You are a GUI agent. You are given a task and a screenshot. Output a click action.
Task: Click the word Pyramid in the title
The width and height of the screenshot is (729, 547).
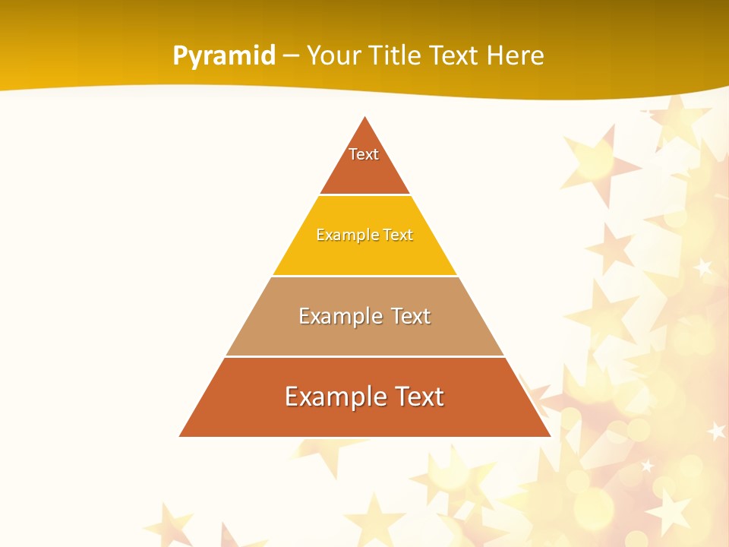pyautogui.click(x=224, y=56)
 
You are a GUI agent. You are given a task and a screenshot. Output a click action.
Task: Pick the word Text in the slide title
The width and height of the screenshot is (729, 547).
pyautogui.click(x=456, y=55)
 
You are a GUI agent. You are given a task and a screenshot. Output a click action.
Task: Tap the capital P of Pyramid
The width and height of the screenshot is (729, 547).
pyautogui.click(x=180, y=55)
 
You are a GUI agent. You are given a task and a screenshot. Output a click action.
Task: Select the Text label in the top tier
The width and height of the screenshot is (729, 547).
pyautogui.click(x=364, y=154)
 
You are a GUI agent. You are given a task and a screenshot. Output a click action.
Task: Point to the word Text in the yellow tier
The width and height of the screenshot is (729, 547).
pyautogui.click(x=398, y=235)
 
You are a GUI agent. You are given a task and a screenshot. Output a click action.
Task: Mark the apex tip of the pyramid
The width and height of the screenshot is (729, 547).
pyautogui.click(x=365, y=118)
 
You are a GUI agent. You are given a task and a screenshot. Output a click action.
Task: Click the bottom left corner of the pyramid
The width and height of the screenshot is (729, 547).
pyautogui.click(x=181, y=436)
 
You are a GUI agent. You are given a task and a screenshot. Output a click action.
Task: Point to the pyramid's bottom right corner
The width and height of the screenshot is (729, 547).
pyautogui.click(x=549, y=436)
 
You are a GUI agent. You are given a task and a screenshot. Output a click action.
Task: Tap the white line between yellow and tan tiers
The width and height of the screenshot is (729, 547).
pyautogui.click(x=364, y=276)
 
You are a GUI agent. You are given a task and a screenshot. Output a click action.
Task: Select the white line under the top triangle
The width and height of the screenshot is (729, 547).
pyautogui.click(x=364, y=195)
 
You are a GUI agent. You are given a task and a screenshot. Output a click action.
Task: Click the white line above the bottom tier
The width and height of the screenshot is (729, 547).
pyautogui.click(x=364, y=356)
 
